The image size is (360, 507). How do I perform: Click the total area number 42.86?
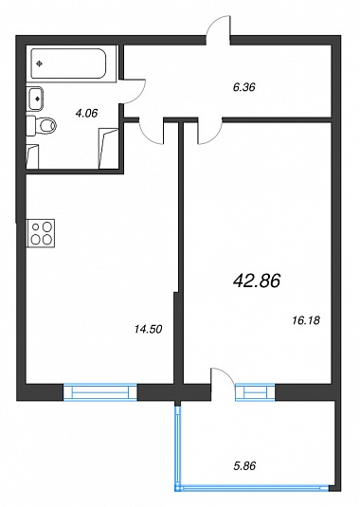(x=257, y=281)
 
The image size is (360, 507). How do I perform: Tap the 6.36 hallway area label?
(x=244, y=87)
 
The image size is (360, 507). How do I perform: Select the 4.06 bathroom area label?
(x=86, y=113)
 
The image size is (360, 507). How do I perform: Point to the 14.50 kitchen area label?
(x=148, y=329)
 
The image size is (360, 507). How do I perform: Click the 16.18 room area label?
(x=306, y=320)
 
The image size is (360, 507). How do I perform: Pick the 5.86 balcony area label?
(x=244, y=465)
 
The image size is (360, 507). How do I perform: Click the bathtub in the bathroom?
(x=69, y=63)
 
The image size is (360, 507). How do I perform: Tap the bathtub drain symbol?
(x=40, y=63)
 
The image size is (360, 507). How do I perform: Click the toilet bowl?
(x=46, y=125)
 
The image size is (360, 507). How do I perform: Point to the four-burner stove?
(x=41, y=233)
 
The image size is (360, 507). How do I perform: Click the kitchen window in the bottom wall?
(x=100, y=392)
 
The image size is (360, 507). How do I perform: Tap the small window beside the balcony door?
(x=255, y=392)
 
